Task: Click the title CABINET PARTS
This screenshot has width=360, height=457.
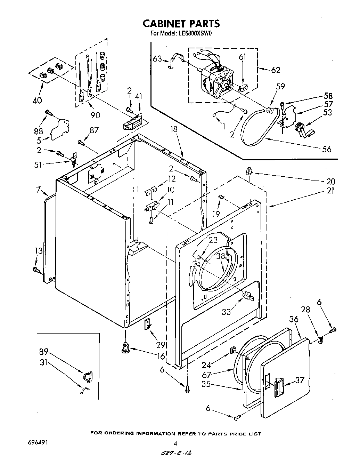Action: pos(181,23)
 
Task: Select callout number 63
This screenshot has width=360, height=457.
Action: pos(157,59)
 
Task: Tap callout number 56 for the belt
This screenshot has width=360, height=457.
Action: pos(327,149)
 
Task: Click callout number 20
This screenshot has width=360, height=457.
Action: pos(331,181)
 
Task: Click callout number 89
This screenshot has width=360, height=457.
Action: pos(43,352)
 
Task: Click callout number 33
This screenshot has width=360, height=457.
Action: pos(226,312)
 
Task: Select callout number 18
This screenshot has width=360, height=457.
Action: pos(174,129)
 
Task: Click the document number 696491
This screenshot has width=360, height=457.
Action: pos(38,443)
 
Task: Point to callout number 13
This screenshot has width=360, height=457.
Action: pos(39,251)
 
